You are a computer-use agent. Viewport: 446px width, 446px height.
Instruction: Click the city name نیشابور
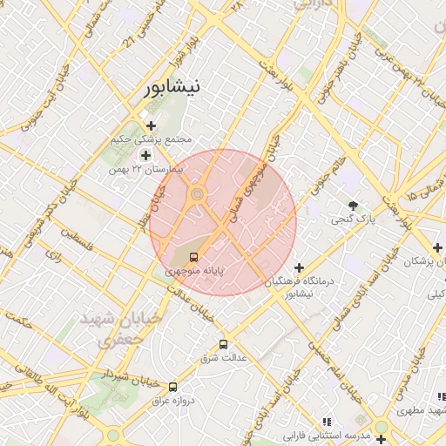[171, 87]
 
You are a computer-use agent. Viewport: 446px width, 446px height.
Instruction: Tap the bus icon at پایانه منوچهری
[193, 257]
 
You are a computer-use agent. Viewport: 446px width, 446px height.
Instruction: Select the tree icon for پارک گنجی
[353, 206]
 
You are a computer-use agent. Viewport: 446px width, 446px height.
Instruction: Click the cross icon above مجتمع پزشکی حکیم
[151, 126]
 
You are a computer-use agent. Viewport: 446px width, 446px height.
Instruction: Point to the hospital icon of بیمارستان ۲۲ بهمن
[145, 154]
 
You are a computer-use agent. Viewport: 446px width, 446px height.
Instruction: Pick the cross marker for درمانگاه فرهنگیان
[300, 267]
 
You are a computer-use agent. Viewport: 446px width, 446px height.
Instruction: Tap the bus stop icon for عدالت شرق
[224, 344]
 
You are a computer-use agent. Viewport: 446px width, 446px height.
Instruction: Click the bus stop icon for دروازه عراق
[172, 387]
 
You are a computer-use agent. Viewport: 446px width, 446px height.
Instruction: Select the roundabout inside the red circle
[198, 193]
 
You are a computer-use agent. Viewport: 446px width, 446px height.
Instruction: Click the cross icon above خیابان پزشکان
[413, 247]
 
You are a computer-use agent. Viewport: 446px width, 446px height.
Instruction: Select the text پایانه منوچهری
[196, 272]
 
